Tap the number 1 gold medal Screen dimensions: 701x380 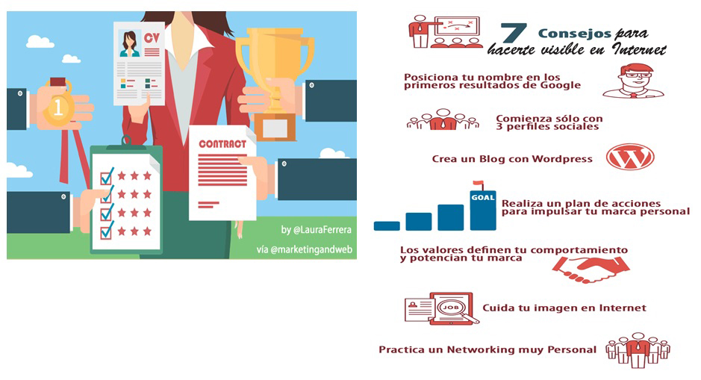click(57, 108)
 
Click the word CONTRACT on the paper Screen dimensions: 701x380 click(222, 144)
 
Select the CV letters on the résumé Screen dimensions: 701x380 click(152, 38)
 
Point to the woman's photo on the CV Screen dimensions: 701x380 click(130, 44)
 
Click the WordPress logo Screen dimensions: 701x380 click(630, 157)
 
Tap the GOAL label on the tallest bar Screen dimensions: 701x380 click(483, 197)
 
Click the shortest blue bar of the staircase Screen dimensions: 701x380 click(387, 225)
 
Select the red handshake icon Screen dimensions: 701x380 click(591, 270)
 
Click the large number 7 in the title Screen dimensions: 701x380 click(513, 33)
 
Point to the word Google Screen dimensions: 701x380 click(560, 85)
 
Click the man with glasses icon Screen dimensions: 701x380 click(634, 81)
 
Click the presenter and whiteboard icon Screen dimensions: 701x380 click(446, 31)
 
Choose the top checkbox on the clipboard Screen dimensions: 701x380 click(107, 176)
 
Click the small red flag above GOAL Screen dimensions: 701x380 click(478, 183)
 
